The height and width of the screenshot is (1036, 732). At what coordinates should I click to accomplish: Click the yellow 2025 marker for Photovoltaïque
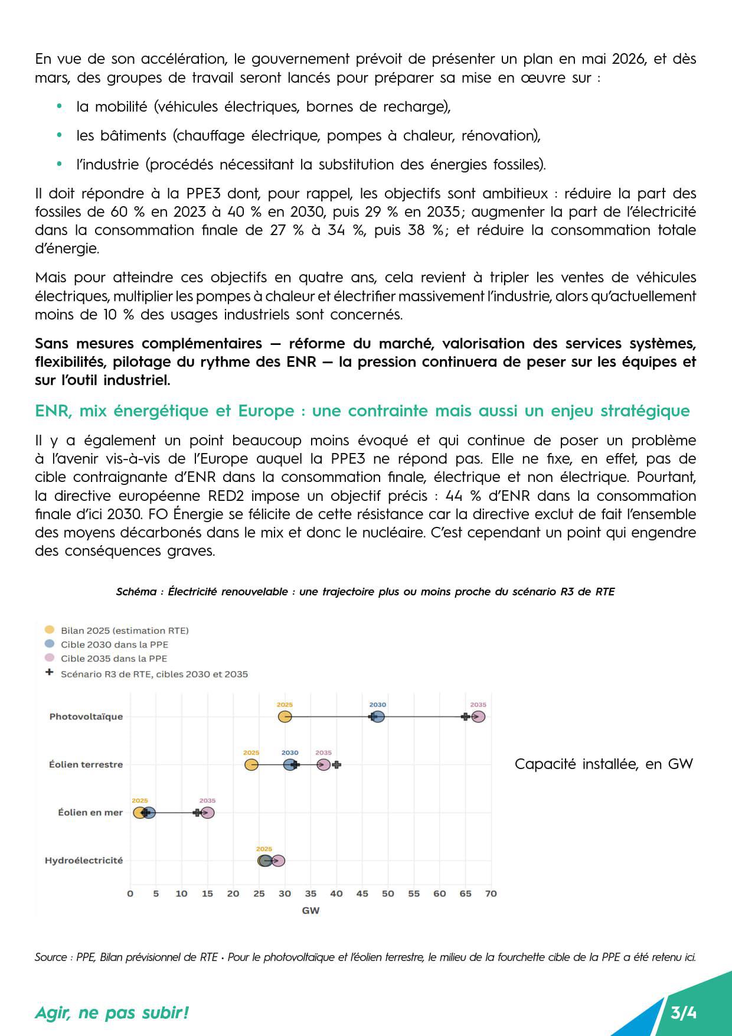coord(285,716)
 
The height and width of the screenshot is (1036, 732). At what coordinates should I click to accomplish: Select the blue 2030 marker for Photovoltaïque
coord(378,716)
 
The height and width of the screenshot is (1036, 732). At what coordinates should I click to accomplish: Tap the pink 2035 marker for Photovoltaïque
coord(478,716)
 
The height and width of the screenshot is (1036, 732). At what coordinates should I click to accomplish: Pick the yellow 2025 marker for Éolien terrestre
coord(251,765)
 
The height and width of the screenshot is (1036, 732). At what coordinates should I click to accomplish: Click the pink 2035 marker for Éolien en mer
coord(207,813)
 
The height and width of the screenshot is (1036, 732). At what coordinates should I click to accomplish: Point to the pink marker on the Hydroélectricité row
coord(279,861)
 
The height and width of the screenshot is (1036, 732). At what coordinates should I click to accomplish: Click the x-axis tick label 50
coord(388,894)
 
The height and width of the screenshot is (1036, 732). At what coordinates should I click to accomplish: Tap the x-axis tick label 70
coord(491,894)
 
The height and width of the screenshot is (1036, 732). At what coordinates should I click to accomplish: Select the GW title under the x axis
coord(311,910)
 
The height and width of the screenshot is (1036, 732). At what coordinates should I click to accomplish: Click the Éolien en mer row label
coord(90,813)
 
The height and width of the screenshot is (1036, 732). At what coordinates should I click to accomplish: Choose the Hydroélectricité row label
coord(84,861)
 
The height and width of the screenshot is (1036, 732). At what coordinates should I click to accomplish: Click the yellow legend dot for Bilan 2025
coord(50,630)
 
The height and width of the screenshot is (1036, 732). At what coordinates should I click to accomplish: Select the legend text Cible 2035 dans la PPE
coord(114,659)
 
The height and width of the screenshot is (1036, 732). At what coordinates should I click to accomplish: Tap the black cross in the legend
coord(50,673)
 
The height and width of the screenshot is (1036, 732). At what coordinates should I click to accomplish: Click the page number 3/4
coord(684,1013)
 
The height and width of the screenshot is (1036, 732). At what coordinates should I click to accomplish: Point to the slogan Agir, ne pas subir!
coord(112,1013)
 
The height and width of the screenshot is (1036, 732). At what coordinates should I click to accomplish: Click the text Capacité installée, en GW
coord(603,764)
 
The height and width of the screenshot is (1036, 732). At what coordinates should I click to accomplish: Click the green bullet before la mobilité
coord(59,107)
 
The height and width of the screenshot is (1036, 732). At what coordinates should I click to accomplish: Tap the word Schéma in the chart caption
coord(136,592)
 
